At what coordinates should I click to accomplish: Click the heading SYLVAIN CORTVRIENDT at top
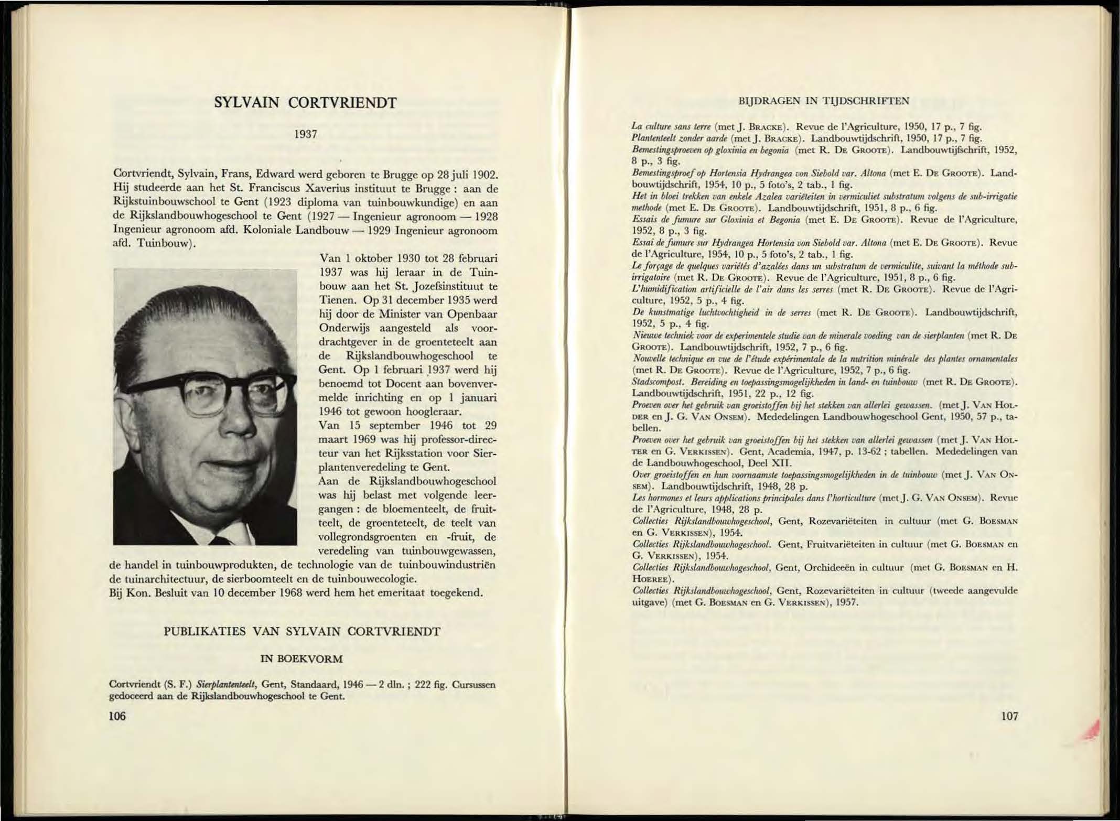[x=306, y=102]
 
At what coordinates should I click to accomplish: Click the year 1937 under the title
[x=306, y=135]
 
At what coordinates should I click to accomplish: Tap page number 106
[x=117, y=716]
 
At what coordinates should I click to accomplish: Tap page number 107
[x=1009, y=716]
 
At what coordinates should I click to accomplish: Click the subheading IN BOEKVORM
[x=301, y=659]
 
